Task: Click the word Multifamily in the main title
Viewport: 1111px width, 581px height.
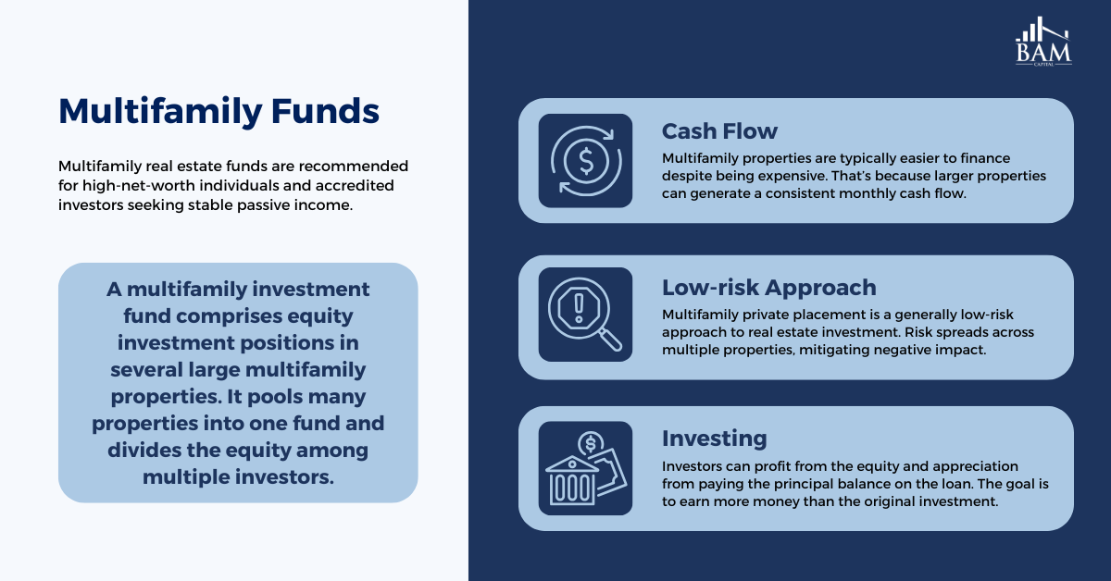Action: click(x=160, y=112)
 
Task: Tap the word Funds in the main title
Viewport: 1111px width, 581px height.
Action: click(x=325, y=110)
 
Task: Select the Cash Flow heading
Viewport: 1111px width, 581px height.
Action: click(x=719, y=131)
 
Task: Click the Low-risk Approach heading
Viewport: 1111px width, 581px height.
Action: click(x=769, y=288)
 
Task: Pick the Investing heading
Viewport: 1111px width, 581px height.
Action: click(x=714, y=439)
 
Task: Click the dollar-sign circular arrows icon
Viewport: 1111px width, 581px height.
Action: click(x=586, y=161)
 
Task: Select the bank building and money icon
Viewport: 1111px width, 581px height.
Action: click(x=586, y=468)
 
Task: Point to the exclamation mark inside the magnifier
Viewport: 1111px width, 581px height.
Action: click(x=579, y=308)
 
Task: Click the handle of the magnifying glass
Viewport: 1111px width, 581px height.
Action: click(x=610, y=340)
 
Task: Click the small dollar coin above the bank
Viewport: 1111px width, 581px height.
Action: click(x=591, y=443)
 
